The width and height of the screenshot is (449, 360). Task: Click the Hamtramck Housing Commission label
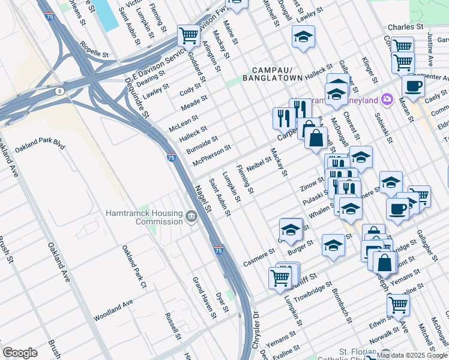(143, 217)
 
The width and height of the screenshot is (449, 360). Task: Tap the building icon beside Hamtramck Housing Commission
(191, 217)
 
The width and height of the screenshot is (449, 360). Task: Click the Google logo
(20, 353)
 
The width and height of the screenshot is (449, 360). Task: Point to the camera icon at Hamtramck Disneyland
(388, 99)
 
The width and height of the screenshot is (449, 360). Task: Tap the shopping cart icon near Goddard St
(188, 35)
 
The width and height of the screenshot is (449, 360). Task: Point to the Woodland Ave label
(113, 311)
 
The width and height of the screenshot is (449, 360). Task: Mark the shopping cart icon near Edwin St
(398, 304)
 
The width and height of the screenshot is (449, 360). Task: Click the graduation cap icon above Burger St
(291, 229)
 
